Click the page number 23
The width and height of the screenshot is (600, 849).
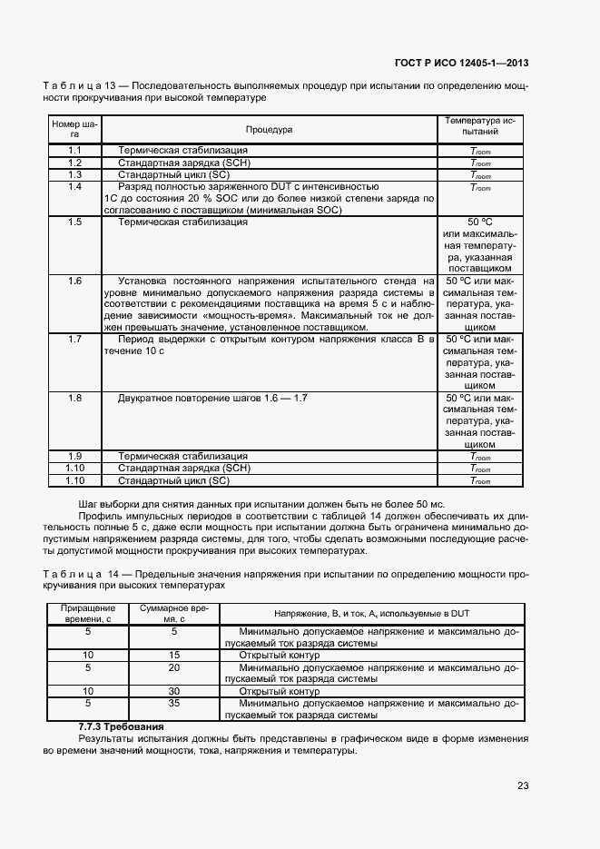pyautogui.click(x=522, y=785)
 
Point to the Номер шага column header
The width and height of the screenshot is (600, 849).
pyautogui.click(x=75, y=128)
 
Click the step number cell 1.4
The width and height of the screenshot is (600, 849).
pyautogui.click(x=75, y=186)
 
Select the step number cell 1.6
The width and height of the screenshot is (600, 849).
pyautogui.click(x=75, y=281)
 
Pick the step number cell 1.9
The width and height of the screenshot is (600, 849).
pyautogui.click(x=75, y=456)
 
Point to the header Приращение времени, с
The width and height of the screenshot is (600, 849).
pyautogui.click(x=88, y=612)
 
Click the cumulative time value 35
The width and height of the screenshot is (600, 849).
pyautogui.click(x=174, y=703)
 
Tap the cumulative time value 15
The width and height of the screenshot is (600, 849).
pyautogui.click(x=174, y=654)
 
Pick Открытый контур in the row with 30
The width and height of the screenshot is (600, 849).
pyautogui.click(x=271, y=691)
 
